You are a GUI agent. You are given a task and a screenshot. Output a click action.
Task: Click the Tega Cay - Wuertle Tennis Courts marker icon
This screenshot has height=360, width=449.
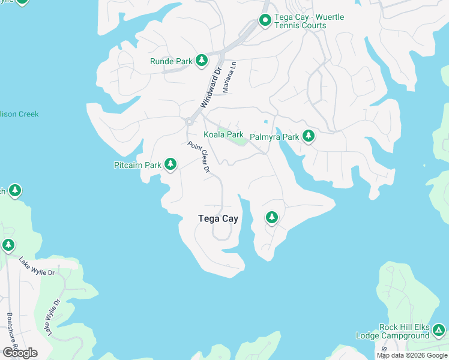[x=265, y=21]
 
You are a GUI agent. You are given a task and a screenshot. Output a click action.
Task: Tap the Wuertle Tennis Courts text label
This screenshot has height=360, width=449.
[x=309, y=22]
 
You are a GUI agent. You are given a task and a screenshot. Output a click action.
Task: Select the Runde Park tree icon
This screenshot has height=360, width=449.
[x=202, y=61]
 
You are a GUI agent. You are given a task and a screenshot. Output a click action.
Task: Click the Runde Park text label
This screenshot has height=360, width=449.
[x=171, y=61]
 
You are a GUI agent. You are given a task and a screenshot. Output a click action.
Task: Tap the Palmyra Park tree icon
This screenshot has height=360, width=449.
[x=309, y=137]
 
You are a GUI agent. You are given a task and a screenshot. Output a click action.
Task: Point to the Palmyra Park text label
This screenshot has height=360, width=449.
[x=274, y=137]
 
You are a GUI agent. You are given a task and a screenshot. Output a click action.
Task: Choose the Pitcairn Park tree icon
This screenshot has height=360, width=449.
[x=170, y=164]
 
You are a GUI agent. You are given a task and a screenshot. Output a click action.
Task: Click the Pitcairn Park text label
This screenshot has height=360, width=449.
[x=137, y=165]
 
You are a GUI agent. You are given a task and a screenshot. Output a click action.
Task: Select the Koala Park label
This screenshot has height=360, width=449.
[x=223, y=135]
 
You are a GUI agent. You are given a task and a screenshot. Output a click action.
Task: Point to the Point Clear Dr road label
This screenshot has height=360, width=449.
[x=199, y=157]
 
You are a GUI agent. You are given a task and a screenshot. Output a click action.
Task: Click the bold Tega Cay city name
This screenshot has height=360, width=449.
[x=218, y=219]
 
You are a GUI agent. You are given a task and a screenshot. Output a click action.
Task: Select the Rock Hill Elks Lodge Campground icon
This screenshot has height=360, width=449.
[x=439, y=331]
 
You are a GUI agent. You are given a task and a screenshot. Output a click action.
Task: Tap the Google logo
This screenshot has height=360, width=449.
[x=20, y=352]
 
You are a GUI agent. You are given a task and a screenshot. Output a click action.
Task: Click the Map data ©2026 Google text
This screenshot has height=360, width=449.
[x=412, y=355]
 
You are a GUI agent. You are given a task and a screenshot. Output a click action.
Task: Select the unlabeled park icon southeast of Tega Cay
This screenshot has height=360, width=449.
[x=272, y=217]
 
